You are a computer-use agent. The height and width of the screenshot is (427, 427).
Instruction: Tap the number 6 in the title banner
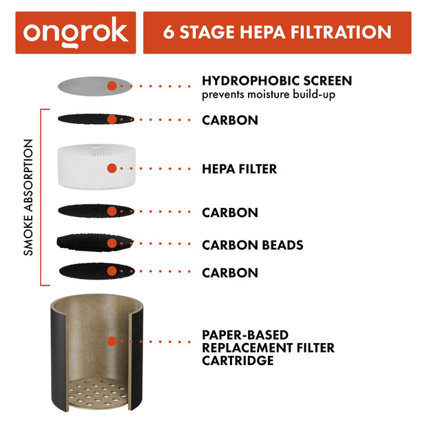coord(169,32)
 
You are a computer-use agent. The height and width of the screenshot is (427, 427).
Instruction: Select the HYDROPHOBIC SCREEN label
coord(276,81)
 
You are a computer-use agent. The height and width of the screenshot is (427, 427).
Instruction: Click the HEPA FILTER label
coord(239,169)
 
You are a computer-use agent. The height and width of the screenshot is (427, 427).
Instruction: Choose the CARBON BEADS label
coord(252,244)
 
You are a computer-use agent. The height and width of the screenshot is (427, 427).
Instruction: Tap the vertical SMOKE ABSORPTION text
coord(28,198)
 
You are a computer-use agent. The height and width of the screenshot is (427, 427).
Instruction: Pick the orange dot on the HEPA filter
coord(112,168)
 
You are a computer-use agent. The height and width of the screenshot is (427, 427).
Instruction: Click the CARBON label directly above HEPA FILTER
coord(229,121)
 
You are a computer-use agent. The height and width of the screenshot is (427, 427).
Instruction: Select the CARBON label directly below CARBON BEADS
coord(229,273)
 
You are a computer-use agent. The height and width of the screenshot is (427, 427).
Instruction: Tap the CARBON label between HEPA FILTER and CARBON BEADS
coord(229,213)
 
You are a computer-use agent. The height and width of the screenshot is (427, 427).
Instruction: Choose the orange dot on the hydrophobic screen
coord(112,86)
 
